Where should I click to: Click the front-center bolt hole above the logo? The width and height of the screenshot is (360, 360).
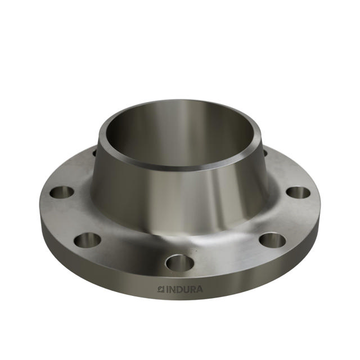tap(180, 262)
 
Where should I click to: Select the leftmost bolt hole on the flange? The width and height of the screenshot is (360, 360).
tap(62, 192)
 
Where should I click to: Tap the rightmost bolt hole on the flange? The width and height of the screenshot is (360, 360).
tap(298, 192)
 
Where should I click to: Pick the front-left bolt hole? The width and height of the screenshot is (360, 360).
tap(87, 240)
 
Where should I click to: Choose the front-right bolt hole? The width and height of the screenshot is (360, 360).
tap(272, 240)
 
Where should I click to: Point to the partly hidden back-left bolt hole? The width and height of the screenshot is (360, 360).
tap(95, 152)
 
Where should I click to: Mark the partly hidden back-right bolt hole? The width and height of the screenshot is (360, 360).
tap(264, 152)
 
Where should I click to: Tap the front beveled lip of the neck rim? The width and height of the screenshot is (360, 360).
tap(180, 167)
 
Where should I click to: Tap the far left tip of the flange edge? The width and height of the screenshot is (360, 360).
tap(41, 205)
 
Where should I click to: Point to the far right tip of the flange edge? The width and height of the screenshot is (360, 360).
tap(319, 205)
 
